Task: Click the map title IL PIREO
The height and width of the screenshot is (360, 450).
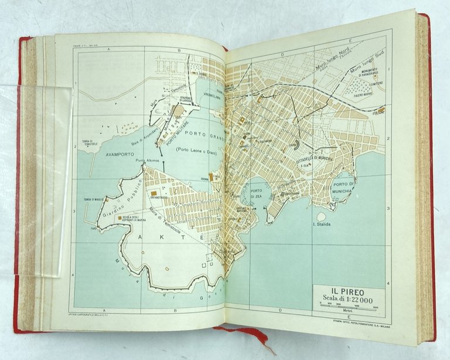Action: click(x=349, y=288)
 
